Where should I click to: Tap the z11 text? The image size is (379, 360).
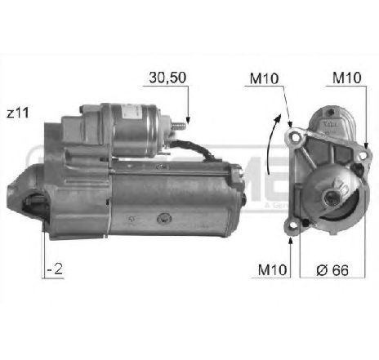coord(17,113)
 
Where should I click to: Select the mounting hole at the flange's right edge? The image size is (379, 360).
coord(360,167)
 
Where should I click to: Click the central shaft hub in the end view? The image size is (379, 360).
coord(331,197)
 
